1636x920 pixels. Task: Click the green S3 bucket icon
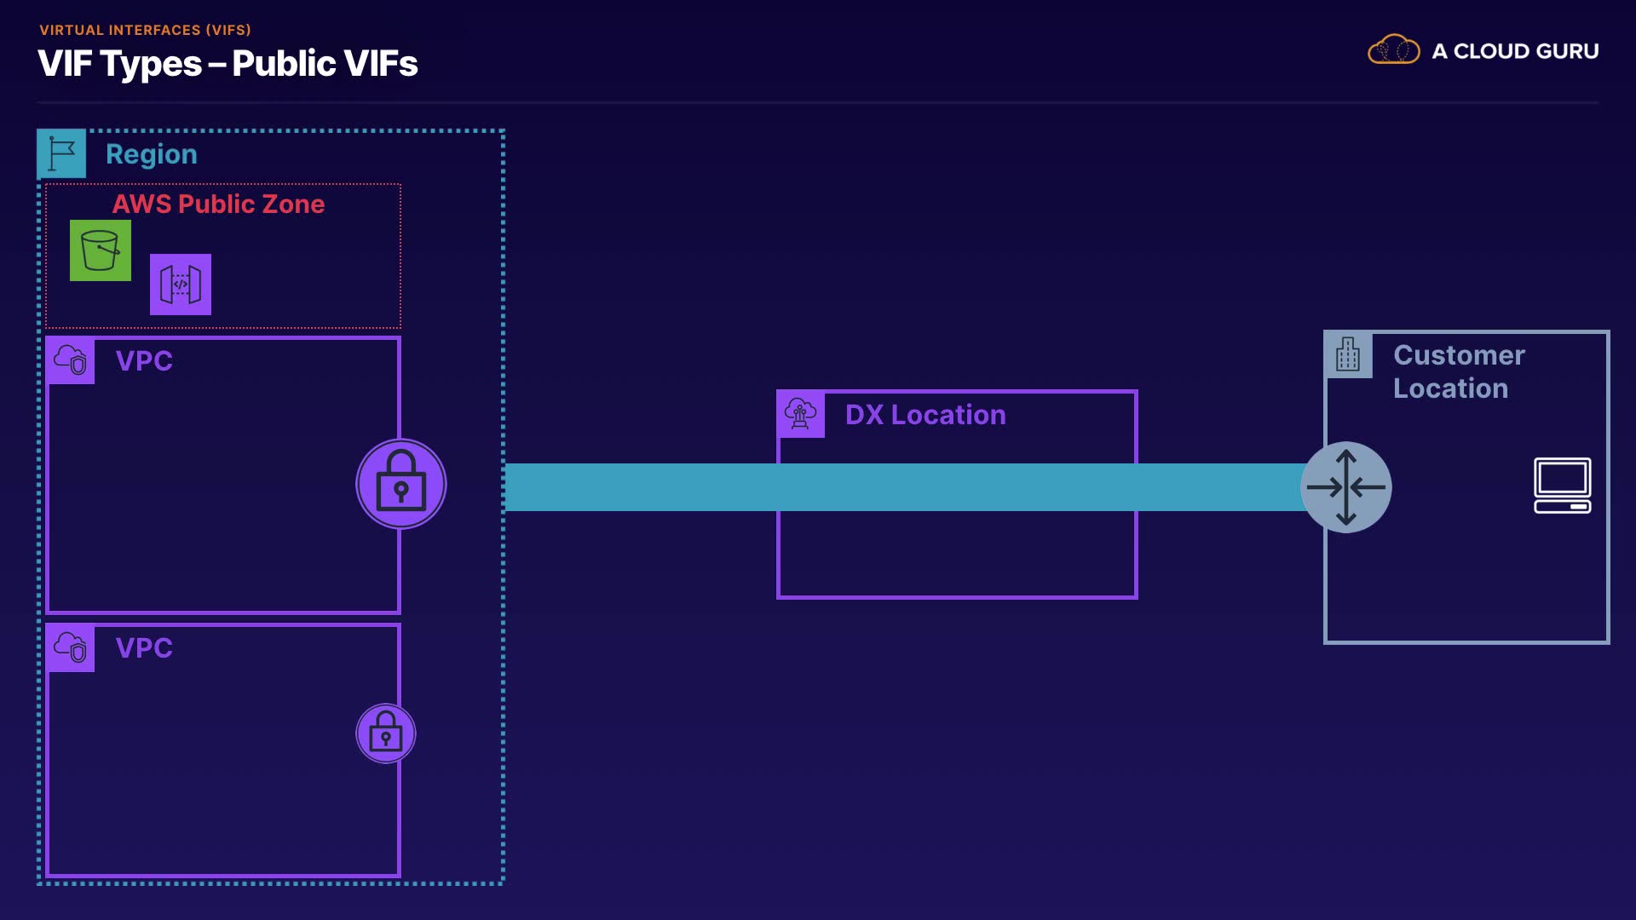(101, 250)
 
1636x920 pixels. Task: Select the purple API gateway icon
(181, 285)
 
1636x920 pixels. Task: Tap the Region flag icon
(61, 153)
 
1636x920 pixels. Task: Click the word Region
(152, 154)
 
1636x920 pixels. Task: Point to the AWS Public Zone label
(218, 204)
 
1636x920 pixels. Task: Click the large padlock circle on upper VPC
(401, 484)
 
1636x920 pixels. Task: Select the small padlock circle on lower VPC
(386, 733)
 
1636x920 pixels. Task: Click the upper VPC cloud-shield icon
(71, 360)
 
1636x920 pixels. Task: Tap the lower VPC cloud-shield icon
(71, 648)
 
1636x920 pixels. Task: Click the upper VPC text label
(144, 361)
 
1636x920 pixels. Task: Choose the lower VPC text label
(144, 648)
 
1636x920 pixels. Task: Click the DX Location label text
(925, 415)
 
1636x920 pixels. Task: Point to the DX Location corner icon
(801, 414)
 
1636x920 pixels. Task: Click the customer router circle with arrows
(1346, 487)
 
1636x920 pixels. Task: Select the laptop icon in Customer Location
(1563, 486)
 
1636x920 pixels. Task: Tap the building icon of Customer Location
(1348, 354)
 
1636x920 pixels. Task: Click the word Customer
(1459, 355)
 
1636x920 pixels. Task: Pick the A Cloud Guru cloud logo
(1394, 50)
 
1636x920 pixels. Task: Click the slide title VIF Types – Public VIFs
(228, 64)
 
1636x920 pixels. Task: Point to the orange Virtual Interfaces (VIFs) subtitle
(146, 30)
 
